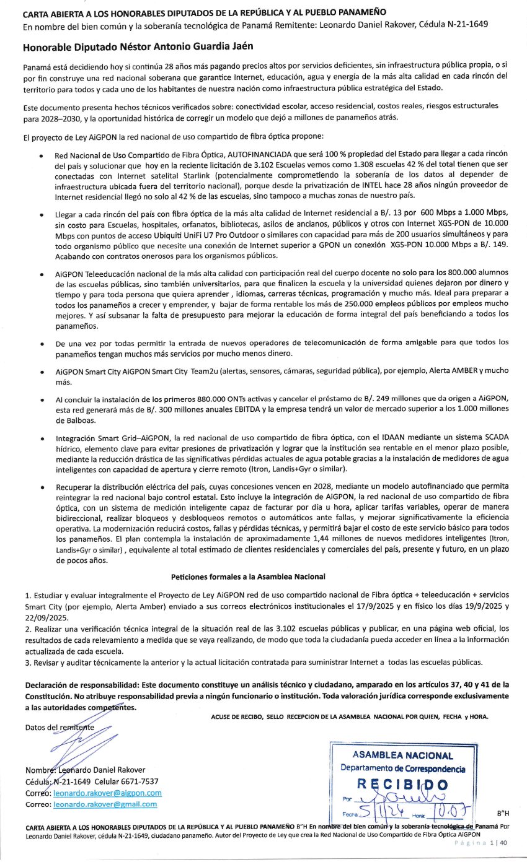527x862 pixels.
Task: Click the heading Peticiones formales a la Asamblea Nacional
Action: tap(248, 576)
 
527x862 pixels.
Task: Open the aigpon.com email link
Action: tap(107, 793)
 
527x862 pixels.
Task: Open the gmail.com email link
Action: tap(105, 804)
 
